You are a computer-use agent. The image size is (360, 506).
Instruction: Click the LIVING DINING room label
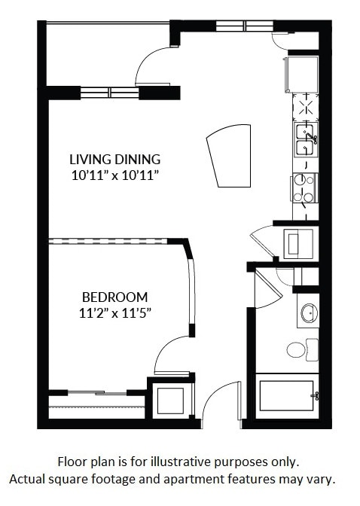(114, 159)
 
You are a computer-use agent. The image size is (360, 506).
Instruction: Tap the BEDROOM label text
(114, 297)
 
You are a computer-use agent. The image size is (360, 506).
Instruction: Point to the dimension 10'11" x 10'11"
(114, 175)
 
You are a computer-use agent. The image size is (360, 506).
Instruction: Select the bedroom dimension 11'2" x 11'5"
(114, 312)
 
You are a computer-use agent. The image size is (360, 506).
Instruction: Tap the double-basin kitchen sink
(305, 141)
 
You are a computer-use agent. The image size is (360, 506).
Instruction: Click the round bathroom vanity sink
(307, 313)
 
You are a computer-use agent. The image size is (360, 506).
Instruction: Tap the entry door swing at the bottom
(219, 402)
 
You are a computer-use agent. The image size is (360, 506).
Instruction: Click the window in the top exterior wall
(244, 26)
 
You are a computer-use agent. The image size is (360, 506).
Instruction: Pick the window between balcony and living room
(110, 93)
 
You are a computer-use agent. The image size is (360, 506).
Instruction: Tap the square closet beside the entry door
(170, 399)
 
